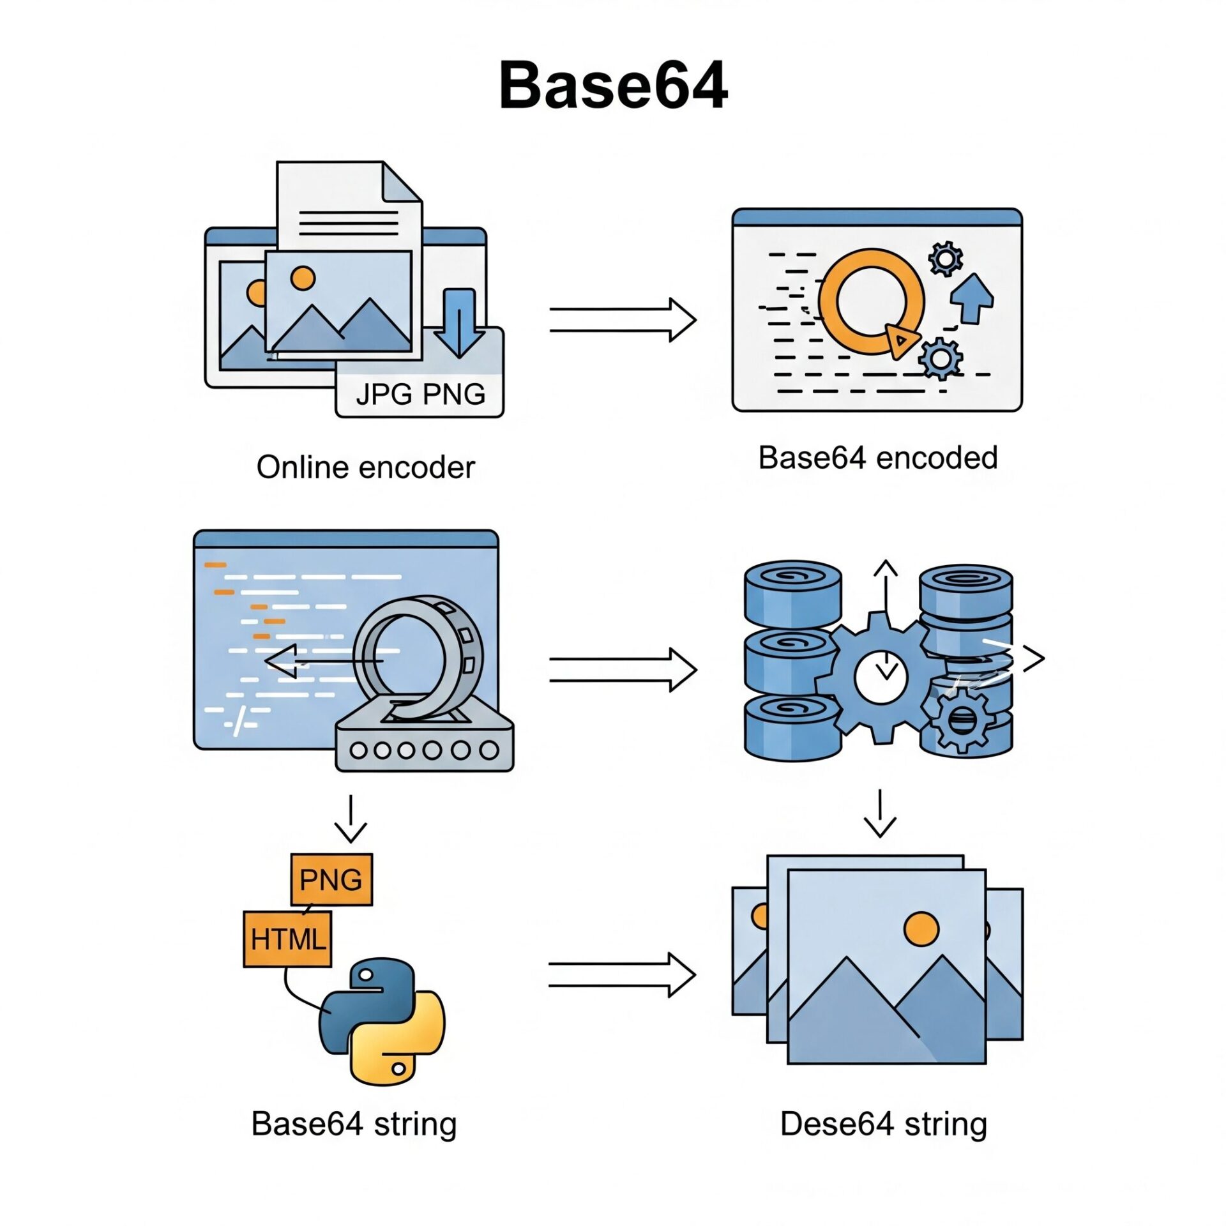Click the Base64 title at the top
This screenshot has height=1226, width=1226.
(x=613, y=86)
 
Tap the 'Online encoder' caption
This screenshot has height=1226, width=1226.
(x=365, y=467)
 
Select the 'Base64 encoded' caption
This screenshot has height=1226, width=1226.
(x=877, y=458)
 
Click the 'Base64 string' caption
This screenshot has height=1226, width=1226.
(x=354, y=1124)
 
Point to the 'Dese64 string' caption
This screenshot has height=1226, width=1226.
(x=883, y=1124)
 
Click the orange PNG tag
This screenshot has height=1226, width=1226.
(x=331, y=880)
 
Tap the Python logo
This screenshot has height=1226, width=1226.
(x=381, y=1021)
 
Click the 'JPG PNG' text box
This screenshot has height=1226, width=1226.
(x=420, y=394)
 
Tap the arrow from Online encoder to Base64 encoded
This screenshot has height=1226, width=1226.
(x=623, y=320)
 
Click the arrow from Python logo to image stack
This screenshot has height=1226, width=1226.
(x=621, y=975)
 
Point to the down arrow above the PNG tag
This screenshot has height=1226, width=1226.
(x=351, y=819)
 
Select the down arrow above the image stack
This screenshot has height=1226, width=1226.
(x=881, y=814)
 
